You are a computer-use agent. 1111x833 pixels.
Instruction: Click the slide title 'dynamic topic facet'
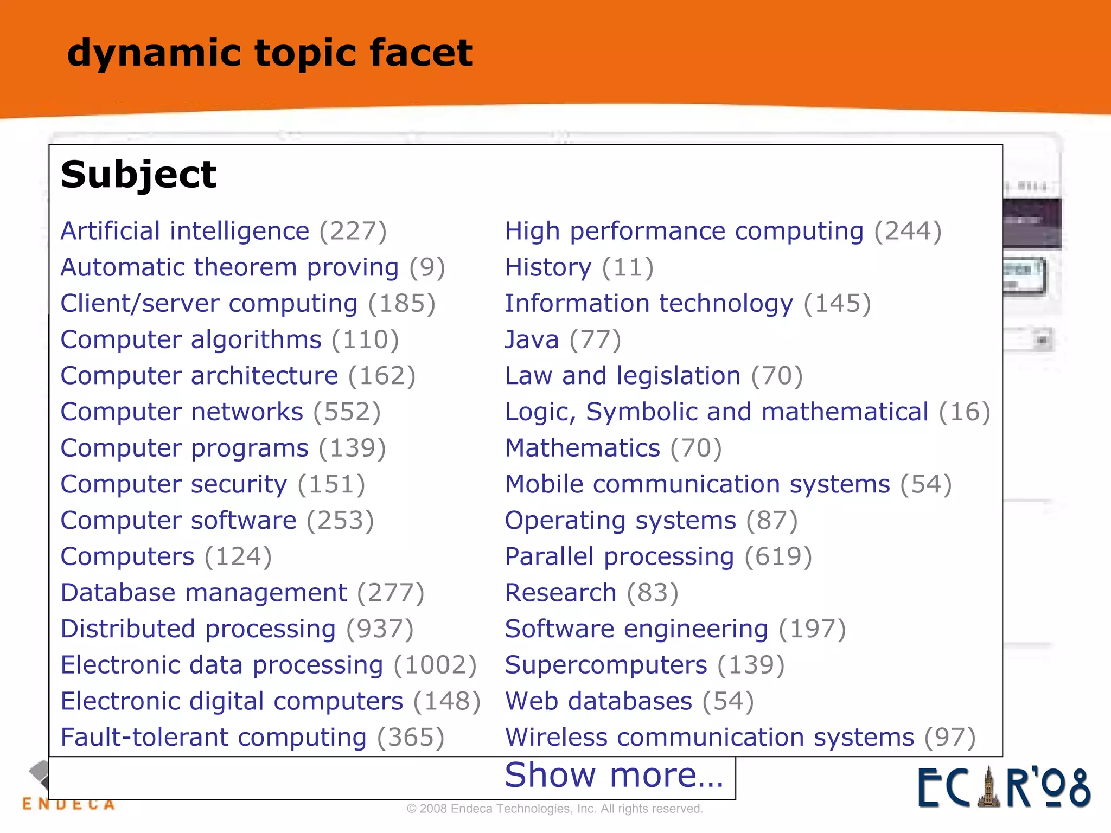pyautogui.click(x=270, y=54)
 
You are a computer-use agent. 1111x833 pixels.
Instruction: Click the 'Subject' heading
pyautogui.click(x=138, y=175)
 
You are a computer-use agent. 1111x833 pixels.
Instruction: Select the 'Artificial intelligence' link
pyautogui.click(x=184, y=232)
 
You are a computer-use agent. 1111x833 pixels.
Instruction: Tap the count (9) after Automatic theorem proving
pyautogui.click(x=427, y=268)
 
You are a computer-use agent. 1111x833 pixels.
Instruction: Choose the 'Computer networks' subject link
pyautogui.click(x=182, y=412)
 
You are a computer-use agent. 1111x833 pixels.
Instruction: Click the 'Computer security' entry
pyautogui.click(x=174, y=484)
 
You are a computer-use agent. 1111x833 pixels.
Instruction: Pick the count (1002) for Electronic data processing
pyautogui.click(x=435, y=665)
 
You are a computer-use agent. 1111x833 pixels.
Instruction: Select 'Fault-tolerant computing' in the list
pyautogui.click(x=213, y=738)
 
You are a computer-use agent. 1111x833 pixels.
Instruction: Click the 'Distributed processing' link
pyautogui.click(x=198, y=629)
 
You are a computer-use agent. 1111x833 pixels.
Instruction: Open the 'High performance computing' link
pyautogui.click(x=684, y=232)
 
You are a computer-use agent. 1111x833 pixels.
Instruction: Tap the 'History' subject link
pyautogui.click(x=548, y=268)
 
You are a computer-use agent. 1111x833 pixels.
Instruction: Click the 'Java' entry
pyautogui.click(x=532, y=340)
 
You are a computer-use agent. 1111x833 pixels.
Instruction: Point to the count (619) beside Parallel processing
pyautogui.click(x=778, y=557)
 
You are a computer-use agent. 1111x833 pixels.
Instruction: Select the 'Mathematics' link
pyautogui.click(x=582, y=448)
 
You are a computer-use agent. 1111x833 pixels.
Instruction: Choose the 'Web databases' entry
pyautogui.click(x=598, y=701)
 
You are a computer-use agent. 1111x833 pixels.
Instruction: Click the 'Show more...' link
pyautogui.click(x=614, y=775)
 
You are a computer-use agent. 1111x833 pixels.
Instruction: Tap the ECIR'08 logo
pyautogui.click(x=1004, y=787)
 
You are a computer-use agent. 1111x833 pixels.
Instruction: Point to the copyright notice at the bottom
pyautogui.click(x=554, y=809)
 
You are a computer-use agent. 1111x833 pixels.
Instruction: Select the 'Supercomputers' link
pyautogui.click(x=605, y=665)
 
